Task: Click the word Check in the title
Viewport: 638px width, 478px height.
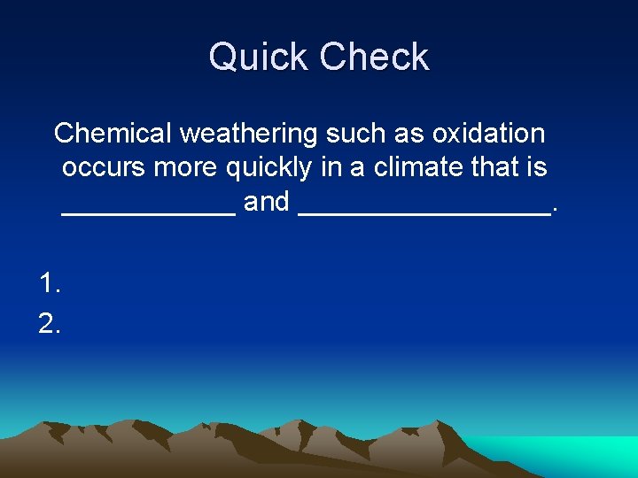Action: click(x=374, y=58)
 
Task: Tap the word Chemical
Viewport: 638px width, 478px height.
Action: click(x=113, y=134)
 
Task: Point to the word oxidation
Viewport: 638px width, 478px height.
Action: click(x=488, y=134)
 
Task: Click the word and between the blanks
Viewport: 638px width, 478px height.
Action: click(x=267, y=202)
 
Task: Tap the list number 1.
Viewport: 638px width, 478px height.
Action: click(x=50, y=283)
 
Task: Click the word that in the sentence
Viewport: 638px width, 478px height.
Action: click(x=498, y=167)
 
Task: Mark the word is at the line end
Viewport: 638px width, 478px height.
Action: click(x=538, y=167)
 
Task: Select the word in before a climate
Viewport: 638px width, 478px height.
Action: click(x=331, y=167)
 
